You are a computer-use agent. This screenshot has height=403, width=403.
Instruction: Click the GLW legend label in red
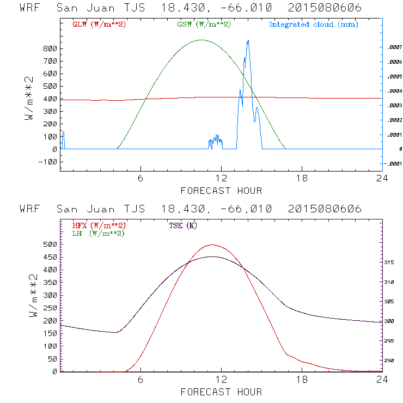pyautogui.click(x=99, y=25)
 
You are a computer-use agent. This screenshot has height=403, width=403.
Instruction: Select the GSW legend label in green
pyautogui.click(x=203, y=25)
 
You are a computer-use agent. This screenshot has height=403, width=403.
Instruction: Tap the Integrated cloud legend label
pyautogui.click(x=313, y=25)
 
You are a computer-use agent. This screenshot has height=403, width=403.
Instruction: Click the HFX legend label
pyautogui.click(x=99, y=225)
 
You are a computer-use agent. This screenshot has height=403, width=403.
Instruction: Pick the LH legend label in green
pyautogui.click(x=98, y=233)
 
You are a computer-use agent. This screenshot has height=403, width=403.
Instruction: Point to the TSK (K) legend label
pyautogui.click(x=184, y=225)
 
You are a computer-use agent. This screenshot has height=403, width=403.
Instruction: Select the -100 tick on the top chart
pyautogui.click(x=47, y=162)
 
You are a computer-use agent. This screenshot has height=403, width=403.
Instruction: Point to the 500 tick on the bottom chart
pyautogui.click(x=50, y=245)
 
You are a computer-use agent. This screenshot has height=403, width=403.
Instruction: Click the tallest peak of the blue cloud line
pyautogui.click(x=248, y=41)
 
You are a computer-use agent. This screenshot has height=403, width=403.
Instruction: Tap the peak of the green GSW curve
pyautogui.click(x=201, y=40)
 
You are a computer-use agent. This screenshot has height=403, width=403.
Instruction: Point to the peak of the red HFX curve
pyautogui.click(x=212, y=245)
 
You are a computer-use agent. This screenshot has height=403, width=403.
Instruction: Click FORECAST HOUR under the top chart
pyautogui.click(x=221, y=191)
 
